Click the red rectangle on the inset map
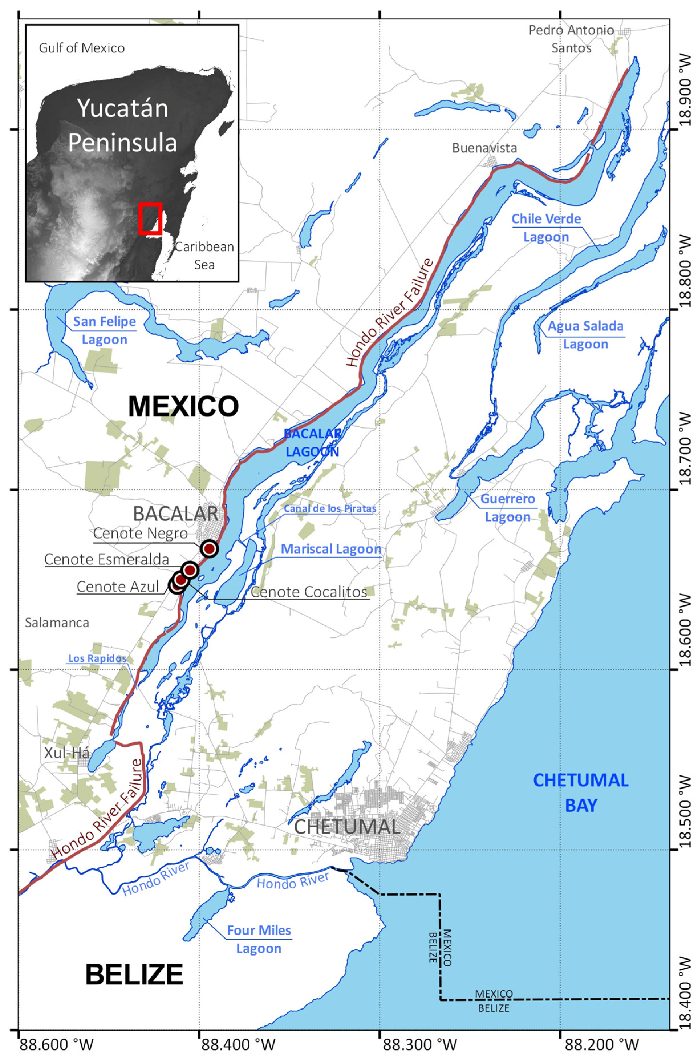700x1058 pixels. pos(150,218)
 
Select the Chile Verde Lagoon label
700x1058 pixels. pos(546,228)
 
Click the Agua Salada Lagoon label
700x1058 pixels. pos(585,335)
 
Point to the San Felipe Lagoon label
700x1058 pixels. pos(104,330)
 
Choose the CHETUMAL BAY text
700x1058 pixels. pos(581,793)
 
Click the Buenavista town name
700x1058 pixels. pos(484,148)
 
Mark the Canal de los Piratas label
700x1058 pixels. pos(330,508)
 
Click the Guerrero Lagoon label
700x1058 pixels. pos(508,508)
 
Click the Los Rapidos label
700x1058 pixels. pos(97,658)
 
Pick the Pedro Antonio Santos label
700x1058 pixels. pos(571,39)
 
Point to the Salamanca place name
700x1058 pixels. pos(57,622)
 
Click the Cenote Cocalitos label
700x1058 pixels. pos(309,592)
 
